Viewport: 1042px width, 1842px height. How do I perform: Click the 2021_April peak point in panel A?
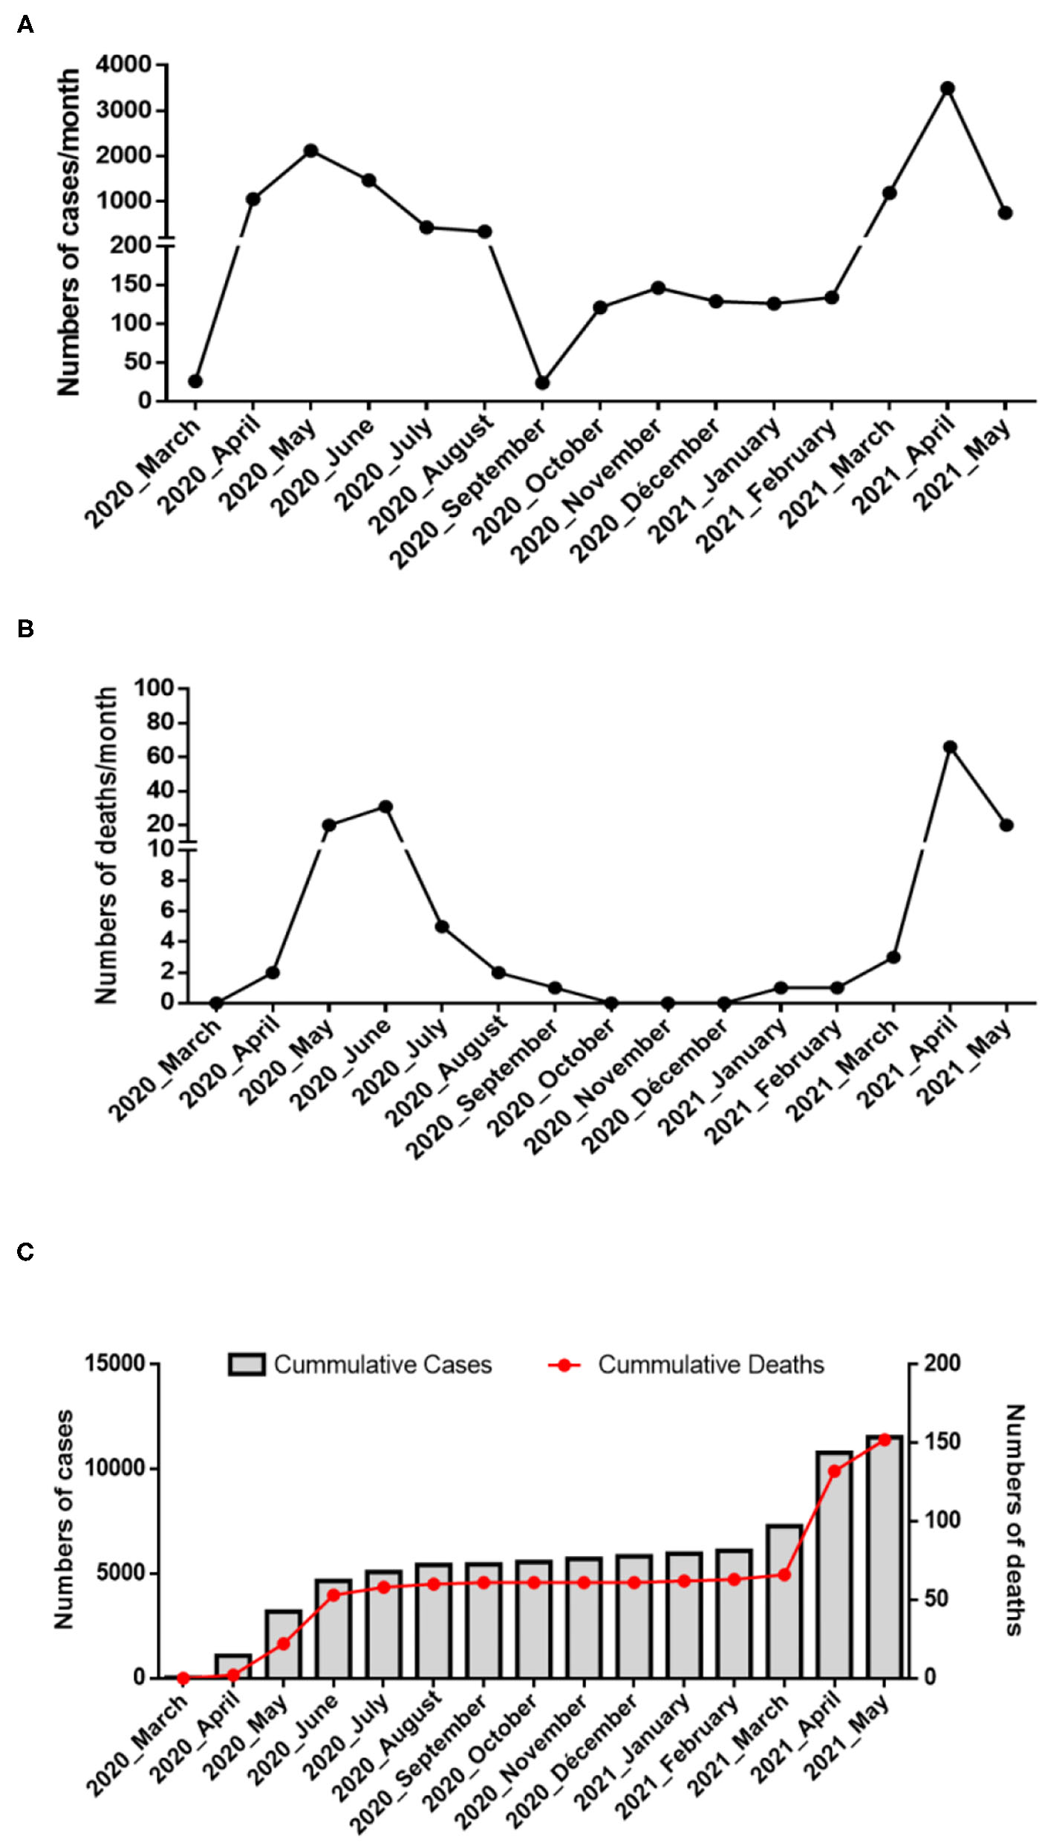click(947, 88)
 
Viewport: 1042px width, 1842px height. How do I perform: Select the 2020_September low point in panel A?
click(542, 383)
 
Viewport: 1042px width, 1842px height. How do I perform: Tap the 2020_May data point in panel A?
click(310, 151)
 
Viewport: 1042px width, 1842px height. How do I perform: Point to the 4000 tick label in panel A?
click(123, 65)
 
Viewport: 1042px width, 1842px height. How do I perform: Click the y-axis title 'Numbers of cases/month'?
click(68, 232)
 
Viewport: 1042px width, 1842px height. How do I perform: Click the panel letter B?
click(25, 629)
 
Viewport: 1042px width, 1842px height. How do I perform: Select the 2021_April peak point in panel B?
click(950, 747)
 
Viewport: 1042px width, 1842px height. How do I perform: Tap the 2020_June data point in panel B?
click(385, 807)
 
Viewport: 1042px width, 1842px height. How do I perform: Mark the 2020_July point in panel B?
click(442, 927)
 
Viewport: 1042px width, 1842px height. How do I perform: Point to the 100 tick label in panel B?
click(154, 689)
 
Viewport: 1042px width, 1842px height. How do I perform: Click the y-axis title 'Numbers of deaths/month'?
click(106, 845)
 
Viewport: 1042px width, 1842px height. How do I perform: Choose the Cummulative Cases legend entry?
click(361, 1365)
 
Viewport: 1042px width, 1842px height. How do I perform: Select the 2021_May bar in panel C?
click(884, 1558)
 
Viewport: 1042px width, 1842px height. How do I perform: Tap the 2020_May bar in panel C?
click(283, 1644)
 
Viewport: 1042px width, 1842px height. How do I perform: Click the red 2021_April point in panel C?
click(834, 1471)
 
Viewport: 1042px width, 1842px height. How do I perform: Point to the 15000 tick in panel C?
click(115, 1364)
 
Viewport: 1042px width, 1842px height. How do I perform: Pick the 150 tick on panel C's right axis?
click(942, 1442)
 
